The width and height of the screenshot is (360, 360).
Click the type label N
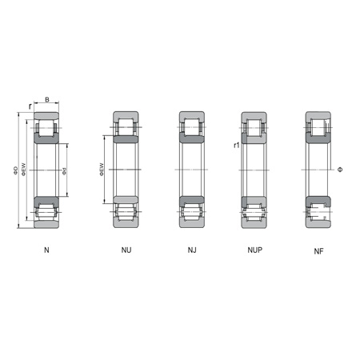click(46, 250)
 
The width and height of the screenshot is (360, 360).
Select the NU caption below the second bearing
click(126, 250)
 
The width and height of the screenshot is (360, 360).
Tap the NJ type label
click(192, 250)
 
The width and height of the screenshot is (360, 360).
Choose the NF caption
click(319, 251)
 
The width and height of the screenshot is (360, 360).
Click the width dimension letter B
click(46, 100)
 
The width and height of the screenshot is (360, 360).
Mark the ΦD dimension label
click(16, 170)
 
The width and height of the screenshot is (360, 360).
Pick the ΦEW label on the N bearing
click(25, 170)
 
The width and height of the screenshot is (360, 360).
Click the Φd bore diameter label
click(64, 170)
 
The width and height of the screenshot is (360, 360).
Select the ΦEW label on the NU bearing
click(102, 170)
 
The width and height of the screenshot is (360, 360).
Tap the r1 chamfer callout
click(237, 146)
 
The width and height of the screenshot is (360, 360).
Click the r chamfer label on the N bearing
click(30, 105)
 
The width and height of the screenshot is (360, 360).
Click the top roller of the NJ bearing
click(192, 127)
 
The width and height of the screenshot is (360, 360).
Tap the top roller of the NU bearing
click(126, 127)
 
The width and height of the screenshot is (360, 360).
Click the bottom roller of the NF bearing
click(318, 213)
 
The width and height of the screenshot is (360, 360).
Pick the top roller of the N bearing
click(46, 127)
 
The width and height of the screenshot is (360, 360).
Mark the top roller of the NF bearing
click(318, 127)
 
